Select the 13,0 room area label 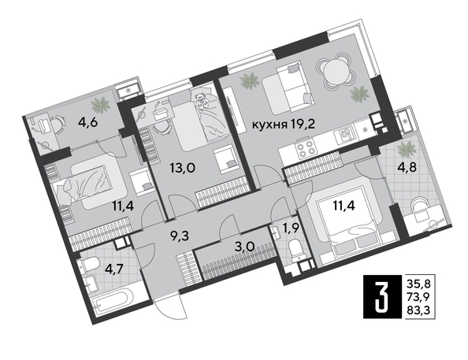pyautogui.click(x=183, y=169)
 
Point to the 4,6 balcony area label pyautogui.click(x=87, y=122)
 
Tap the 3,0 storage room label pyautogui.click(x=244, y=247)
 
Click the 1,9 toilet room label pyautogui.click(x=290, y=229)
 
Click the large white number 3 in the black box pyautogui.click(x=382, y=296)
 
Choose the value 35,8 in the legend pyautogui.click(x=418, y=282)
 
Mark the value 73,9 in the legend pyautogui.click(x=418, y=296)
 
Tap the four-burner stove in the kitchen pyautogui.click(x=305, y=149)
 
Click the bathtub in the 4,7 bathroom pyautogui.click(x=112, y=302)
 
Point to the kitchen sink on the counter pyautogui.click(x=345, y=135)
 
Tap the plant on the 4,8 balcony pyautogui.click(x=407, y=149)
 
